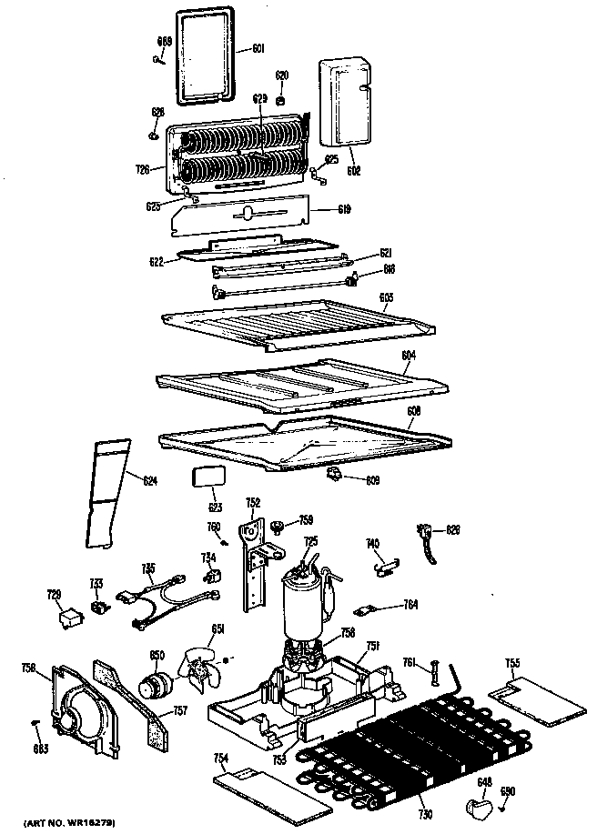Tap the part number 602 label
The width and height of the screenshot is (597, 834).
(x=354, y=170)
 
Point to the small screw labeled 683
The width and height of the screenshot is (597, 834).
(x=36, y=722)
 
